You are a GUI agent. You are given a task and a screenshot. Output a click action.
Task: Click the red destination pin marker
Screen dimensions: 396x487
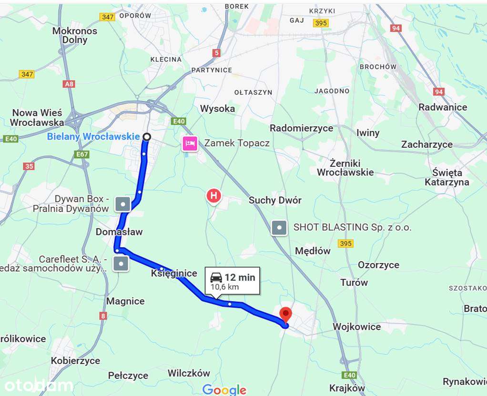click(285, 315)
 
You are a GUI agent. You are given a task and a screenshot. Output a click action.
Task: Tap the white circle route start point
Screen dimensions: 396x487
click(147, 137)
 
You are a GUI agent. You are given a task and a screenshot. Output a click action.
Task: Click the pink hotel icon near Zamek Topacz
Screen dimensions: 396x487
click(190, 143)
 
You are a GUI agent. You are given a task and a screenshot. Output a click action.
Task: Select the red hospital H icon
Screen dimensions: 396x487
click(213, 195)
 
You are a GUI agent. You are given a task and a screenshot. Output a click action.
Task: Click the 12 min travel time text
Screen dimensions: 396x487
click(240, 277)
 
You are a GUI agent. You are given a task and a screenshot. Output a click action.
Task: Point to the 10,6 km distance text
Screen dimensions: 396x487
click(224, 287)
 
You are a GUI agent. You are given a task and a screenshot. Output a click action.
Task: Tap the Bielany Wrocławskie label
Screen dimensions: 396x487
click(93, 137)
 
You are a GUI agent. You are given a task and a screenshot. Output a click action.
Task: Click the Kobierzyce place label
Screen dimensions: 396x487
click(75, 361)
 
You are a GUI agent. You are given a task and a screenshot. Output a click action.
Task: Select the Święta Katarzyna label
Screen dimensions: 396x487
click(447, 177)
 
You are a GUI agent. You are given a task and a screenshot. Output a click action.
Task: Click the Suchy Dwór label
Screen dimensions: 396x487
click(275, 201)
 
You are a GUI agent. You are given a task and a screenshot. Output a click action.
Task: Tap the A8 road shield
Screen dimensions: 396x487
click(69, 84)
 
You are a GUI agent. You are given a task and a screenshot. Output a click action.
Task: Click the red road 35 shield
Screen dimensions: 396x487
click(29, 166)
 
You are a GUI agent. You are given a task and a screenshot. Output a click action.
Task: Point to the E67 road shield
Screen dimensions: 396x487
click(82, 154)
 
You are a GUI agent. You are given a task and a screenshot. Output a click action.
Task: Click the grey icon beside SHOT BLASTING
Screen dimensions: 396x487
click(279, 228)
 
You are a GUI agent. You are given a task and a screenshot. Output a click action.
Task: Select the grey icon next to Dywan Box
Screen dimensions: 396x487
click(123, 204)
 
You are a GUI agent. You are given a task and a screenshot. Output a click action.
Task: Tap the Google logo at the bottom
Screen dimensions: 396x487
click(224, 389)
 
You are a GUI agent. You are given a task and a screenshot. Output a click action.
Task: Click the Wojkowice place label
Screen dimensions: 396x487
click(356, 327)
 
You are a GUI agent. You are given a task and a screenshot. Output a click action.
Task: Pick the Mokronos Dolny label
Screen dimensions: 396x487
click(75, 36)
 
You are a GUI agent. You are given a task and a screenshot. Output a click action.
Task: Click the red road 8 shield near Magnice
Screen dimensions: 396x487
click(103, 315)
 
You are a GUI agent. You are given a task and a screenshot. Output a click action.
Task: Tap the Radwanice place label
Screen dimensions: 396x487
click(443, 107)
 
